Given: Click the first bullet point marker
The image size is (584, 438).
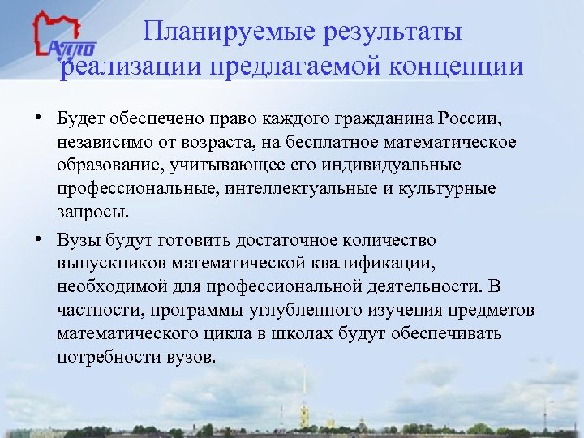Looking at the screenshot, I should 39,121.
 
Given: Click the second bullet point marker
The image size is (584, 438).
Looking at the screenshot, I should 39,239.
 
